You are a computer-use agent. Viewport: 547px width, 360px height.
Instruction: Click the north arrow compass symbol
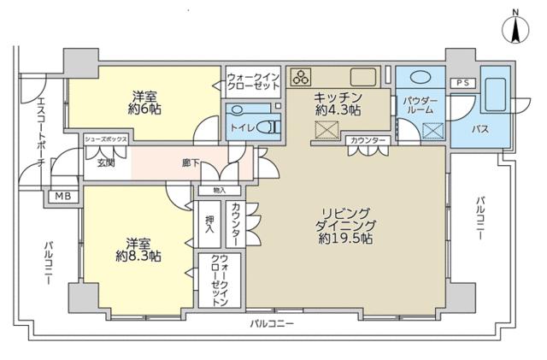[x=517, y=27]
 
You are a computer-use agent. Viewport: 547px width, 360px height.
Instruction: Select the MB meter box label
[x=63, y=196]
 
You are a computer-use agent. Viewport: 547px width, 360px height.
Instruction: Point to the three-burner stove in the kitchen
[x=301, y=76]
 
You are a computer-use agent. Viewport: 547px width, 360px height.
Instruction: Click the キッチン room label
[x=337, y=97]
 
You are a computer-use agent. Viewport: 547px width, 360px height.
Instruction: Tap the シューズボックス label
[x=106, y=138]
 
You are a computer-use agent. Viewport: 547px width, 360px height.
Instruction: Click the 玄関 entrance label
[x=105, y=163]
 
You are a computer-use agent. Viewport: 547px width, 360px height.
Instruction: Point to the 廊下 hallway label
[x=191, y=163]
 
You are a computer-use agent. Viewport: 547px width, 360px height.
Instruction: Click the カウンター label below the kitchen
[x=368, y=139]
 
